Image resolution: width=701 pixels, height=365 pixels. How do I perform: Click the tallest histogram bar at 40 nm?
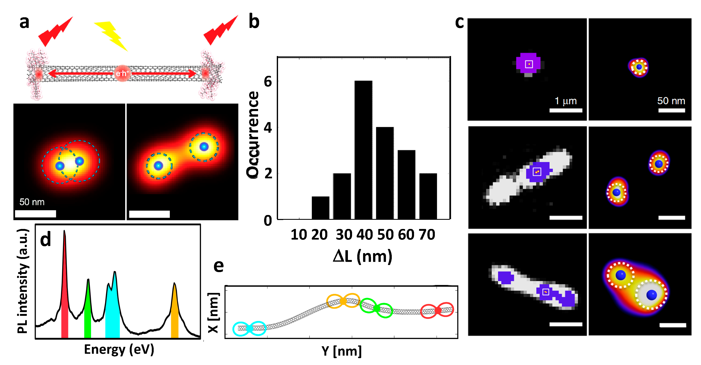(x=363, y=150)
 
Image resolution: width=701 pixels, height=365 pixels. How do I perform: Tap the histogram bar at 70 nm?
(x=428, y=196)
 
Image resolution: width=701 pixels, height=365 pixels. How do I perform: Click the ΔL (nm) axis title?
(x=362, y=256)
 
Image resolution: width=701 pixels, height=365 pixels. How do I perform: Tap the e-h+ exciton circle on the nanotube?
(x=122, y=73)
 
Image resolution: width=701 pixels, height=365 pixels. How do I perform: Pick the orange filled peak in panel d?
(x=174, y=314)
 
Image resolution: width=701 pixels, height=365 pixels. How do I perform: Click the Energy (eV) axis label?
(x=119, y=349)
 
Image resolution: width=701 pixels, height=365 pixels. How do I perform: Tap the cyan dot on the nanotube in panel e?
(x=249, y=329)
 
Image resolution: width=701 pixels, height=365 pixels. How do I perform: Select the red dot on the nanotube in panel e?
(x=438, y=310)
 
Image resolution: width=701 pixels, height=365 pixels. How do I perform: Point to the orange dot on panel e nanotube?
(x=343, y=301)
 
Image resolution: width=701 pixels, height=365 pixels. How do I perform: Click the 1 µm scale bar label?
(x=565, y=101)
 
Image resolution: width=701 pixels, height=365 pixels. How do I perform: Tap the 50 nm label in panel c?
(x=671, y=101)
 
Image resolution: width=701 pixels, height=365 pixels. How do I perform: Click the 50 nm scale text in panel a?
(x=32, y=202)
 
